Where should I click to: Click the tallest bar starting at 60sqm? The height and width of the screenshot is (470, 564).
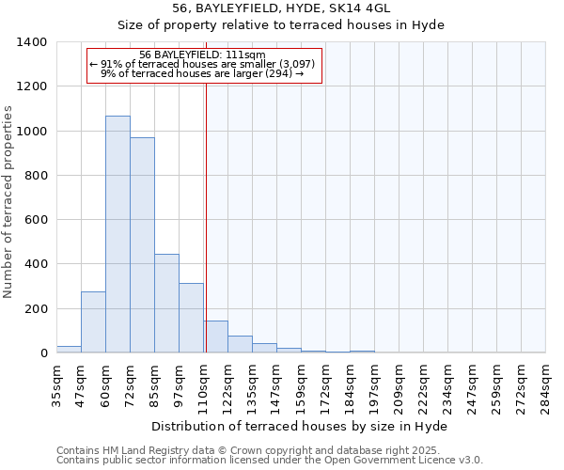click(x=117, y=235)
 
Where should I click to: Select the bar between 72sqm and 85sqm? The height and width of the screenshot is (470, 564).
click(x=142, y=245)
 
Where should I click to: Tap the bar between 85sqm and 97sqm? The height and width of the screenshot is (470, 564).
click(x=166, y=304)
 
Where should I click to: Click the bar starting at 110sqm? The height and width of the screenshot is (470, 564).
click(x=215, y=337)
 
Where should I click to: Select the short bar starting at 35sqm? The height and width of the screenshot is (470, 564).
click(x=69, y=349)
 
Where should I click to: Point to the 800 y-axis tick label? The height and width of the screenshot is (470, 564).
click(x=36, y=176)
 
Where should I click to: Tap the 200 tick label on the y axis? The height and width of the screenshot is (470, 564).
click(x=36, y=308)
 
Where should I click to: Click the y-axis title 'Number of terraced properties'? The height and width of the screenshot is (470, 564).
click(x=9, y=202)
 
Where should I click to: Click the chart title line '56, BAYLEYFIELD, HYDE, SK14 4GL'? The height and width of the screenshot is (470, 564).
click(x=288, y=8)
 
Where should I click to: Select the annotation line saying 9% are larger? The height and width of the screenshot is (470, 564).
click(x=202, y=73)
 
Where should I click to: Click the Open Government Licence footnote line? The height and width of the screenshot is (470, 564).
click(x=270, y=461)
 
